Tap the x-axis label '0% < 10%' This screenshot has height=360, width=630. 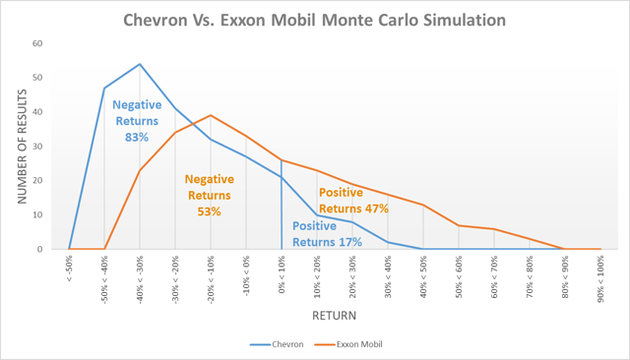[282, 275]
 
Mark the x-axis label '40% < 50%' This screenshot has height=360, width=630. [423, 276]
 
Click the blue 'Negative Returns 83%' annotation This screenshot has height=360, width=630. [136, 121]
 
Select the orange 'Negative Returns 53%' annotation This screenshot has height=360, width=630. [210, 195]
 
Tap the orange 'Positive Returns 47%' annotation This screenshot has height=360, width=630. [353, 200]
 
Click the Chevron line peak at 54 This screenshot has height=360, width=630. [140, 64]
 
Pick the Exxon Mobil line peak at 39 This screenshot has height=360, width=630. [211, 115]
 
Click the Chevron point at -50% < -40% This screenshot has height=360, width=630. [104, 89]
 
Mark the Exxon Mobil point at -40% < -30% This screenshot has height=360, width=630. [140, 170]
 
